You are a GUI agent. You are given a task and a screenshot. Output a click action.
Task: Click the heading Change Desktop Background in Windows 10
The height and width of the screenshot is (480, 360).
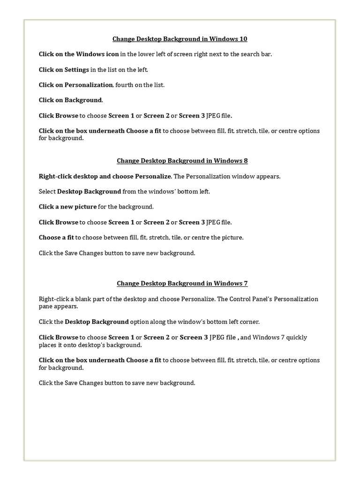[x=180, y=39]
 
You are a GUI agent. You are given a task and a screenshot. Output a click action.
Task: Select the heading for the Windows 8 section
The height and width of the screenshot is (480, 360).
[x=182, y=161]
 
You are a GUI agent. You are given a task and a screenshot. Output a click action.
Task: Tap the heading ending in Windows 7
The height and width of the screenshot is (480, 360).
[x=182, y=283]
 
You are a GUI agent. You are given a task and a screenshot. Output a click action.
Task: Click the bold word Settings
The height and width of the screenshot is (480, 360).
[x=76, y=70]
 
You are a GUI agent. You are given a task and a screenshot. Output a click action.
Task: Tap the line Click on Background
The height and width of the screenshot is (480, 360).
[x=71, y=100]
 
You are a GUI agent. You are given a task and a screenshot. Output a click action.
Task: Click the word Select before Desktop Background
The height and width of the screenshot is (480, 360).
[x=47, y=192]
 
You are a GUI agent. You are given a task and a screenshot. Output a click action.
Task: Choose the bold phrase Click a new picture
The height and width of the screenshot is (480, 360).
[x=68, y=207]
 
